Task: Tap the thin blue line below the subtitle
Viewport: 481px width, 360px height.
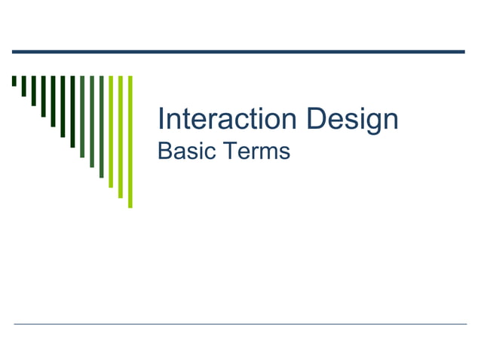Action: pos(240,324)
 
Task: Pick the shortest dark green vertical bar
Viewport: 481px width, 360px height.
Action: pos(14,81)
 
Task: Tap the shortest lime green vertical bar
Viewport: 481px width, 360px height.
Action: pos(111,131)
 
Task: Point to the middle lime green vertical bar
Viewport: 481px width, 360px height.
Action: pos(120,136)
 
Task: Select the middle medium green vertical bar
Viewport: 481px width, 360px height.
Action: pos(92,121)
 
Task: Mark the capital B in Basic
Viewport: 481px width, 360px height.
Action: pos(164,151)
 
